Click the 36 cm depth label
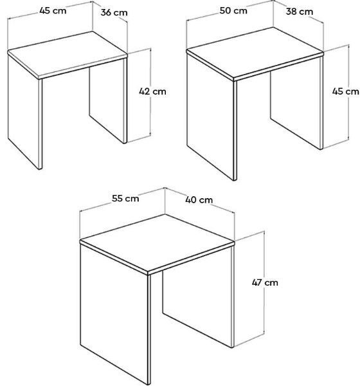point(114,12)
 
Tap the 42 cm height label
point(152,91)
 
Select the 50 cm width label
point(233,10)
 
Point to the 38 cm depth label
point(300,12)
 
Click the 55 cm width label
point(125,198)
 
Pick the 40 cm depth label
point(199,199)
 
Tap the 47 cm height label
point(265,282)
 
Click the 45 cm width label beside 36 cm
point(53,10)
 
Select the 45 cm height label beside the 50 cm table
point(345,91)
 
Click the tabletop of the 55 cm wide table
point(157,244)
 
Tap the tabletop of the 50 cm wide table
point(255,53)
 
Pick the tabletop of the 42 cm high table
point(67,55)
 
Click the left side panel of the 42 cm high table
point(25,111)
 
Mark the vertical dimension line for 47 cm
point(264,282)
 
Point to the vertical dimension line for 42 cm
point(150,92)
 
